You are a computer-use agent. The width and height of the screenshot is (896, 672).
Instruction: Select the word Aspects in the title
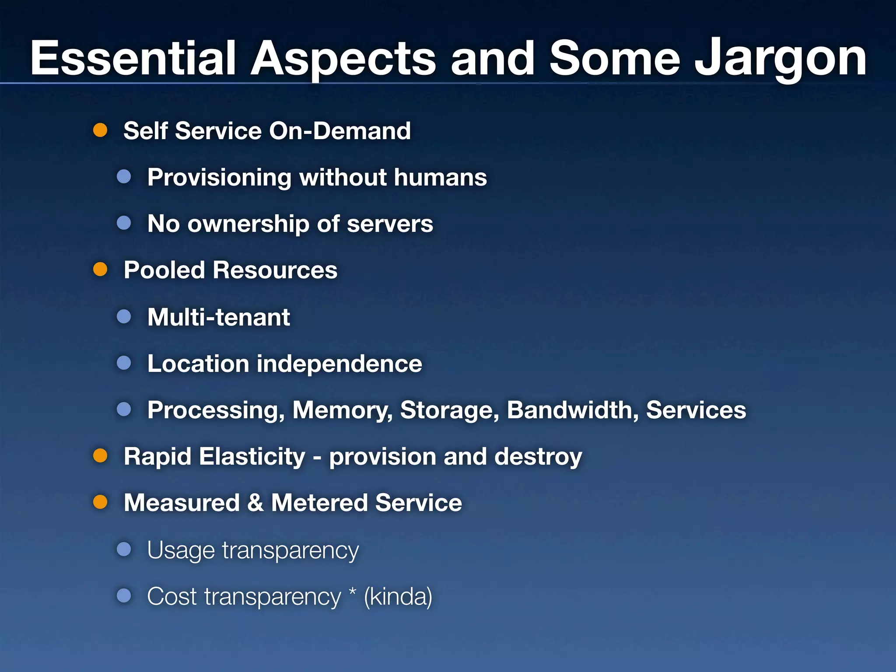coord(343,59)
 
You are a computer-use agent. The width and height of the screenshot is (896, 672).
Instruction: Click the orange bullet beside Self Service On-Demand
coord(100,130)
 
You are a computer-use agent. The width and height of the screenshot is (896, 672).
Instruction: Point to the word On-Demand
coord(340,131)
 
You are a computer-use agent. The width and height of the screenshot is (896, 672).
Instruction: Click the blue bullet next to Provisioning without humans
coord(124,177)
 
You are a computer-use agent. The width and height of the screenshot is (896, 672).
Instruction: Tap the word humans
coord(440,177)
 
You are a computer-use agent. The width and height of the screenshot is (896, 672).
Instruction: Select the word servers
coord(390,224)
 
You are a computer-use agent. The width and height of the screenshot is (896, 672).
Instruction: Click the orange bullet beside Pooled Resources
coord(100,269)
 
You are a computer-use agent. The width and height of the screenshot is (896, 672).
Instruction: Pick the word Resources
coord(275,270)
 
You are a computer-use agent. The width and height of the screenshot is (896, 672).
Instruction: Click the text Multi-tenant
coord(219,317)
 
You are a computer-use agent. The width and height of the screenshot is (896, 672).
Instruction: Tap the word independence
coord(339,364)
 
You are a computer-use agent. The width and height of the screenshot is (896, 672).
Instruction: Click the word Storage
coord(449,411)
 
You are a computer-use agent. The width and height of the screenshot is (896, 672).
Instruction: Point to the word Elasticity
coord(252,457)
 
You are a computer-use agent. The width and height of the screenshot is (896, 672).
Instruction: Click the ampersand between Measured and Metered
coord(255,503)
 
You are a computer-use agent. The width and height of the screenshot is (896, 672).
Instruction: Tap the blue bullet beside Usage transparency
coord(124,549)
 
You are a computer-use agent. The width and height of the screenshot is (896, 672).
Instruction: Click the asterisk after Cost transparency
coord(353,591)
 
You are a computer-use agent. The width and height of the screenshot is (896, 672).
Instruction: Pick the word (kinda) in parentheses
coord(398,597)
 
